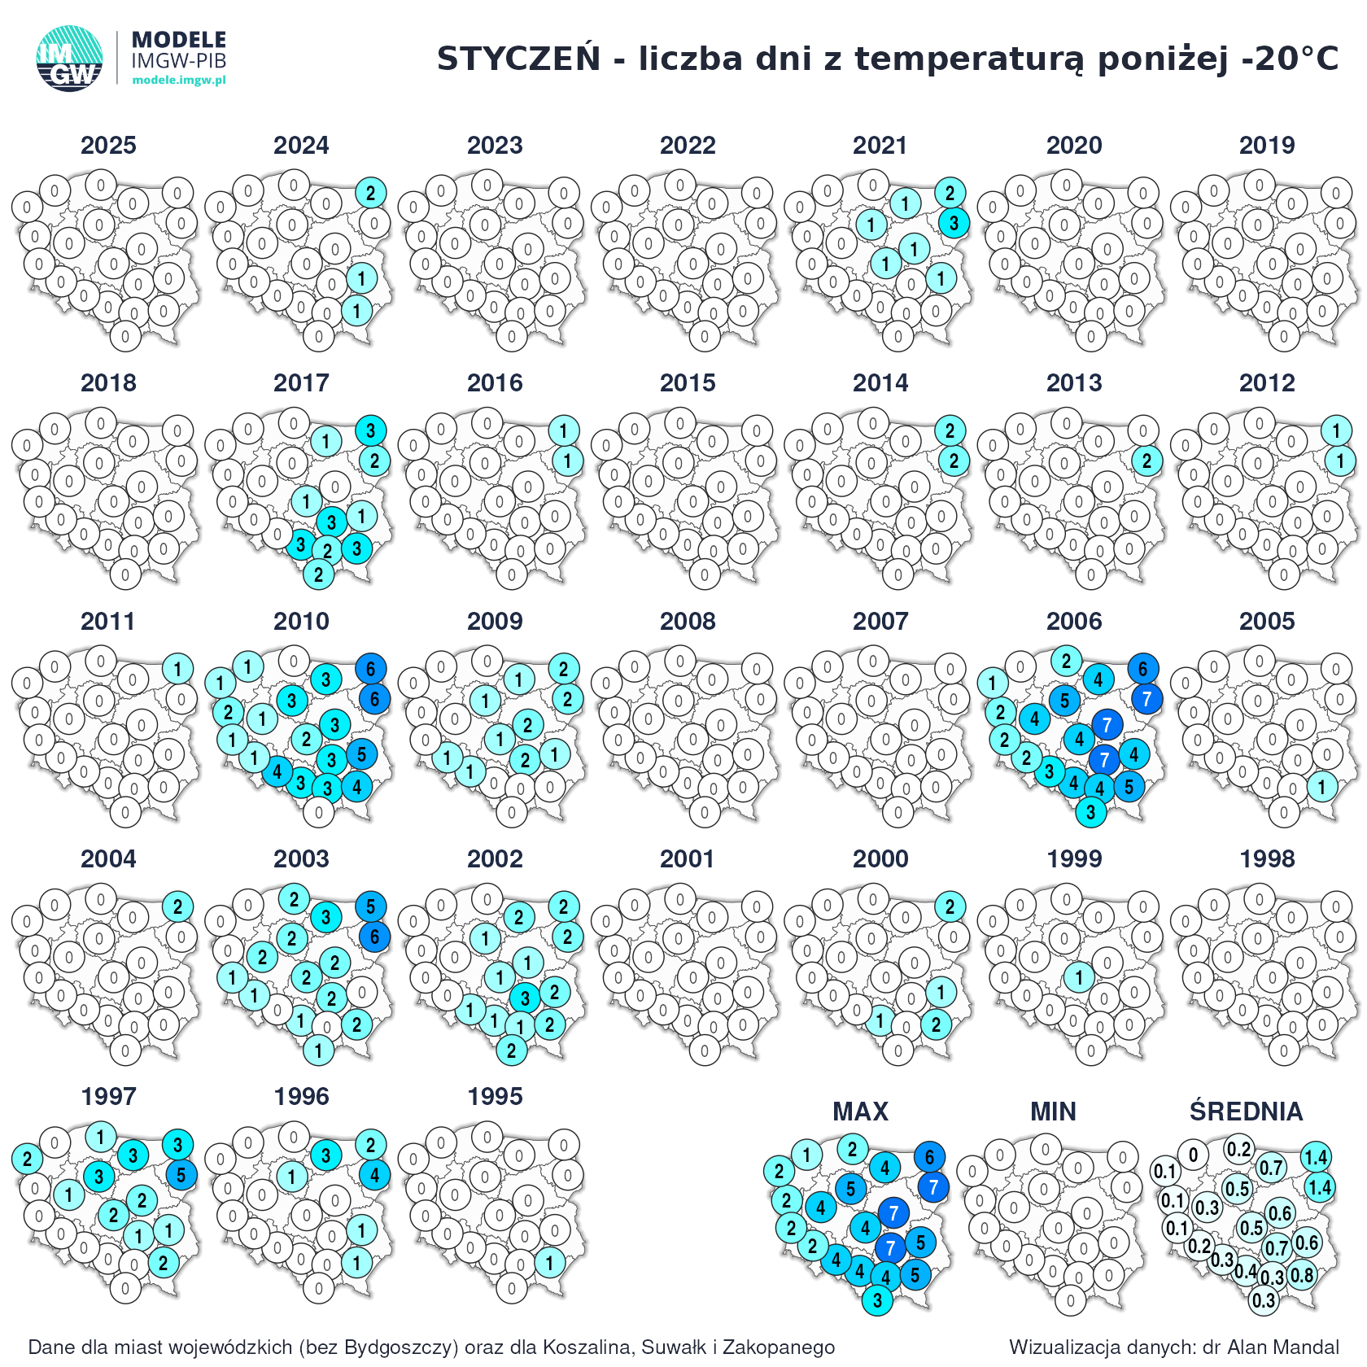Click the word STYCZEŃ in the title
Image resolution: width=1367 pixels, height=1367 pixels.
coord(518,59)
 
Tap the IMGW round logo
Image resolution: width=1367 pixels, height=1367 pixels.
coord(69,58)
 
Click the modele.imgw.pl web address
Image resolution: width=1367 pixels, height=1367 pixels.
coord(179,80)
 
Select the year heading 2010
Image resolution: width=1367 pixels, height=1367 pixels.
coord(301,622)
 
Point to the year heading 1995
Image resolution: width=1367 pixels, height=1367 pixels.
coord(495,1097)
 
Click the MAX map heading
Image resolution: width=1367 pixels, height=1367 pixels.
coord(861,1112)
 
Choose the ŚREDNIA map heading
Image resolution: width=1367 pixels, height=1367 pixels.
coord(1246,1112)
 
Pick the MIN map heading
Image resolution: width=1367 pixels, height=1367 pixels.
coord(1053,1112)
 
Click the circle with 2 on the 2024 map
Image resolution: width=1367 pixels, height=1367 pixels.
coord(371,193)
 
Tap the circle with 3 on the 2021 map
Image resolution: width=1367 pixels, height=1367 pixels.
coord(954,222)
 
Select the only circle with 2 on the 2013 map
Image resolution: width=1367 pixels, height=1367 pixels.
coord(1146,461)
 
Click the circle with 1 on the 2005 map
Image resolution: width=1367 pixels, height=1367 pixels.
coord(1322,787)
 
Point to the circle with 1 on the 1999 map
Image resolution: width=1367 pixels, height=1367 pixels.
coord(1079,977)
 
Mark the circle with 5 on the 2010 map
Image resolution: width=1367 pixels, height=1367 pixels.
coord(362,754)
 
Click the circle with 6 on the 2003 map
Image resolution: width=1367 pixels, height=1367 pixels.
coord(374,937)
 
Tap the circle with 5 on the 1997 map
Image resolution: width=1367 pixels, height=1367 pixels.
coord(181,1175)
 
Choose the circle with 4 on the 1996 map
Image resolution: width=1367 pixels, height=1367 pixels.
coord(374,1175)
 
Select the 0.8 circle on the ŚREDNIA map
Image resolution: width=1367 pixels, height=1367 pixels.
coord(1302,1274)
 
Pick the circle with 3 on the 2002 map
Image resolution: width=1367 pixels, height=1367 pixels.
coord(525,998)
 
